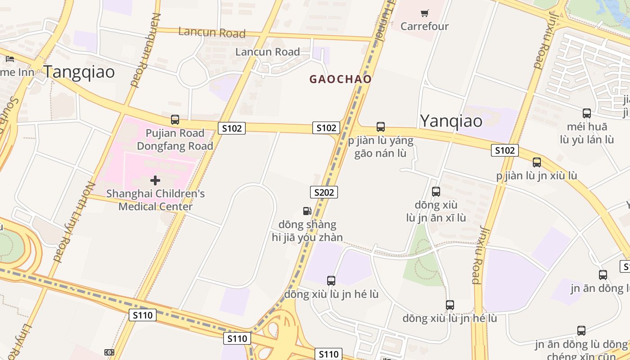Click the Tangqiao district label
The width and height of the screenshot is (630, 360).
[79, 72]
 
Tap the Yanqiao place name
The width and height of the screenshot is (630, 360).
[451, 121]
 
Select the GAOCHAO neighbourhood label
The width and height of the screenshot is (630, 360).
[341, 79]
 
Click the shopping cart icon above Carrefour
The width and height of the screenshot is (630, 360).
[425, 13]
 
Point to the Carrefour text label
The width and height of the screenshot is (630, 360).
[425, 26]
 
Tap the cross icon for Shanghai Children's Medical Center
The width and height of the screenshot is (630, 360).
[155, 180]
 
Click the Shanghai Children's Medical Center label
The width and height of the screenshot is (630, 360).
[156, 200]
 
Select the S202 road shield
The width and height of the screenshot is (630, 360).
[324, 193]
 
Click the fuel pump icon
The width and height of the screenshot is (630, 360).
[307, 211]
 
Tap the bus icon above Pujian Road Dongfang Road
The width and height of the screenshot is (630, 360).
[175, 120]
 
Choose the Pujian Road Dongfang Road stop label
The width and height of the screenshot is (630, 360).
[175, 139]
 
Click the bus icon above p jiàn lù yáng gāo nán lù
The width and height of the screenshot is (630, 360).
[381, 127]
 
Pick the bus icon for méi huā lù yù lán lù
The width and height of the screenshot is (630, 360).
[587, 113]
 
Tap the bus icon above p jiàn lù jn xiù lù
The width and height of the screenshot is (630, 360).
[537, 162]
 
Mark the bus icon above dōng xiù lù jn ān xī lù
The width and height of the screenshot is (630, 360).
[436, 192]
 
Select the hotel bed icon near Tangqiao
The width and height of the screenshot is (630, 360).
[10, 58]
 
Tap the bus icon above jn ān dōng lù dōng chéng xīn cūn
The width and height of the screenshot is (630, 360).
[581, 331]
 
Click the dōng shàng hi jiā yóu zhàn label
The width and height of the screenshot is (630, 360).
[307, 231]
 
